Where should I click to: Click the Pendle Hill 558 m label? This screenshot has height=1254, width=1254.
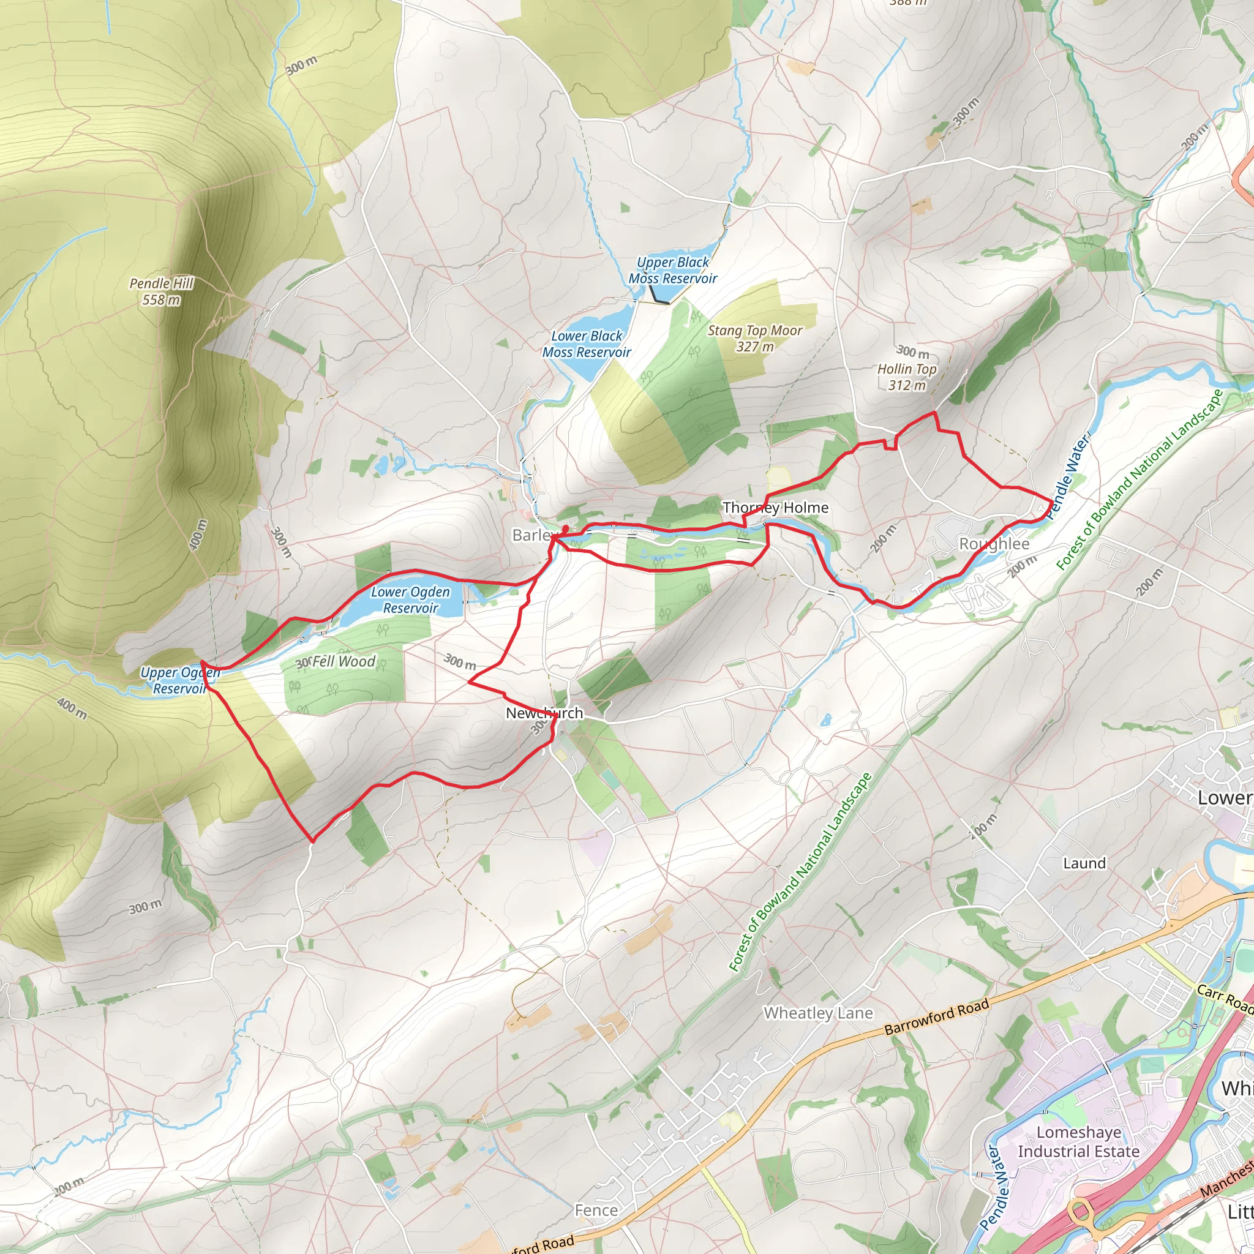click(162, 291)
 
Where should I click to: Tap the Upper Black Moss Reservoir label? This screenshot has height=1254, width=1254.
click(672, 270)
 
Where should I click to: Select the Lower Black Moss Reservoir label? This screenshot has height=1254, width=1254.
click(587, 344)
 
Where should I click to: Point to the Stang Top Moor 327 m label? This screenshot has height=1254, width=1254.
click(755, 338)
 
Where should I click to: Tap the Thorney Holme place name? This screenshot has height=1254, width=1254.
click(776, 508)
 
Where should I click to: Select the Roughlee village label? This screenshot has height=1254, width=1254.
click(994, 544)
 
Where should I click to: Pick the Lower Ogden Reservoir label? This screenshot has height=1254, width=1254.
click(410, 599)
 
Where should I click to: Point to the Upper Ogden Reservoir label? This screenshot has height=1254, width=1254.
click(180, 680)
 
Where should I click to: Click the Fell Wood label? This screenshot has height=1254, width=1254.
click(344, 661)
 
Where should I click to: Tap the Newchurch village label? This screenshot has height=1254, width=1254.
click(544, 713)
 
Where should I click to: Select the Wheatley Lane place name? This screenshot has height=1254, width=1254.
click(818, 1013)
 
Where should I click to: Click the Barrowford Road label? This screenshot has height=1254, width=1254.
click(937, 1016)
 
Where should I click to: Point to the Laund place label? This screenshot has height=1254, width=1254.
click(1084, 863)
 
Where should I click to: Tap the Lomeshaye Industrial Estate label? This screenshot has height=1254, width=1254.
click(1078, 1142)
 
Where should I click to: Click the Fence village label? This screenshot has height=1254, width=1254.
click(596, 1210)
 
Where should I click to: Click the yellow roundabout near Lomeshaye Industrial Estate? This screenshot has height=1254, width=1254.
click(1081, 1211)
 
